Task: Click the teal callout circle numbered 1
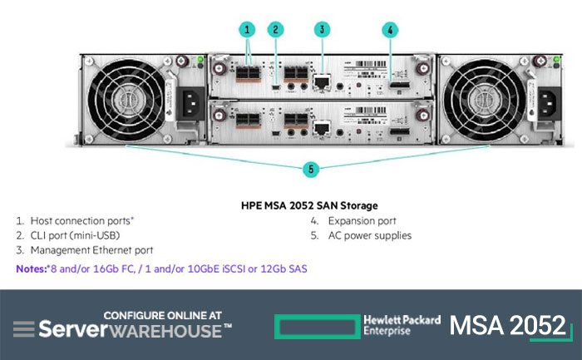247,29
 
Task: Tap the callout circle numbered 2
275,29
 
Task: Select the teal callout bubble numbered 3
323,29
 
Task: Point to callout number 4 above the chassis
390,30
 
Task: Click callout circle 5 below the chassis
311,170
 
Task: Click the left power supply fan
126,100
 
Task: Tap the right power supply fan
484,100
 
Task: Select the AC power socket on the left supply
190,104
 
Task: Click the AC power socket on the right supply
550,104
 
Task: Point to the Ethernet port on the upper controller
322,82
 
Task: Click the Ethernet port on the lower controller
322,128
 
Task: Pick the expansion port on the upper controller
400,85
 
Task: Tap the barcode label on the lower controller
371,111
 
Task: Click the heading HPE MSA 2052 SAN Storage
309,205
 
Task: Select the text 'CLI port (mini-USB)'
75,235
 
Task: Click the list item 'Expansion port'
363,221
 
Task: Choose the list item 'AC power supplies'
370,235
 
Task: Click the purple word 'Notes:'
32,269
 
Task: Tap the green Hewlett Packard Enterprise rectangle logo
318,327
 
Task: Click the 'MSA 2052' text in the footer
508,325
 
